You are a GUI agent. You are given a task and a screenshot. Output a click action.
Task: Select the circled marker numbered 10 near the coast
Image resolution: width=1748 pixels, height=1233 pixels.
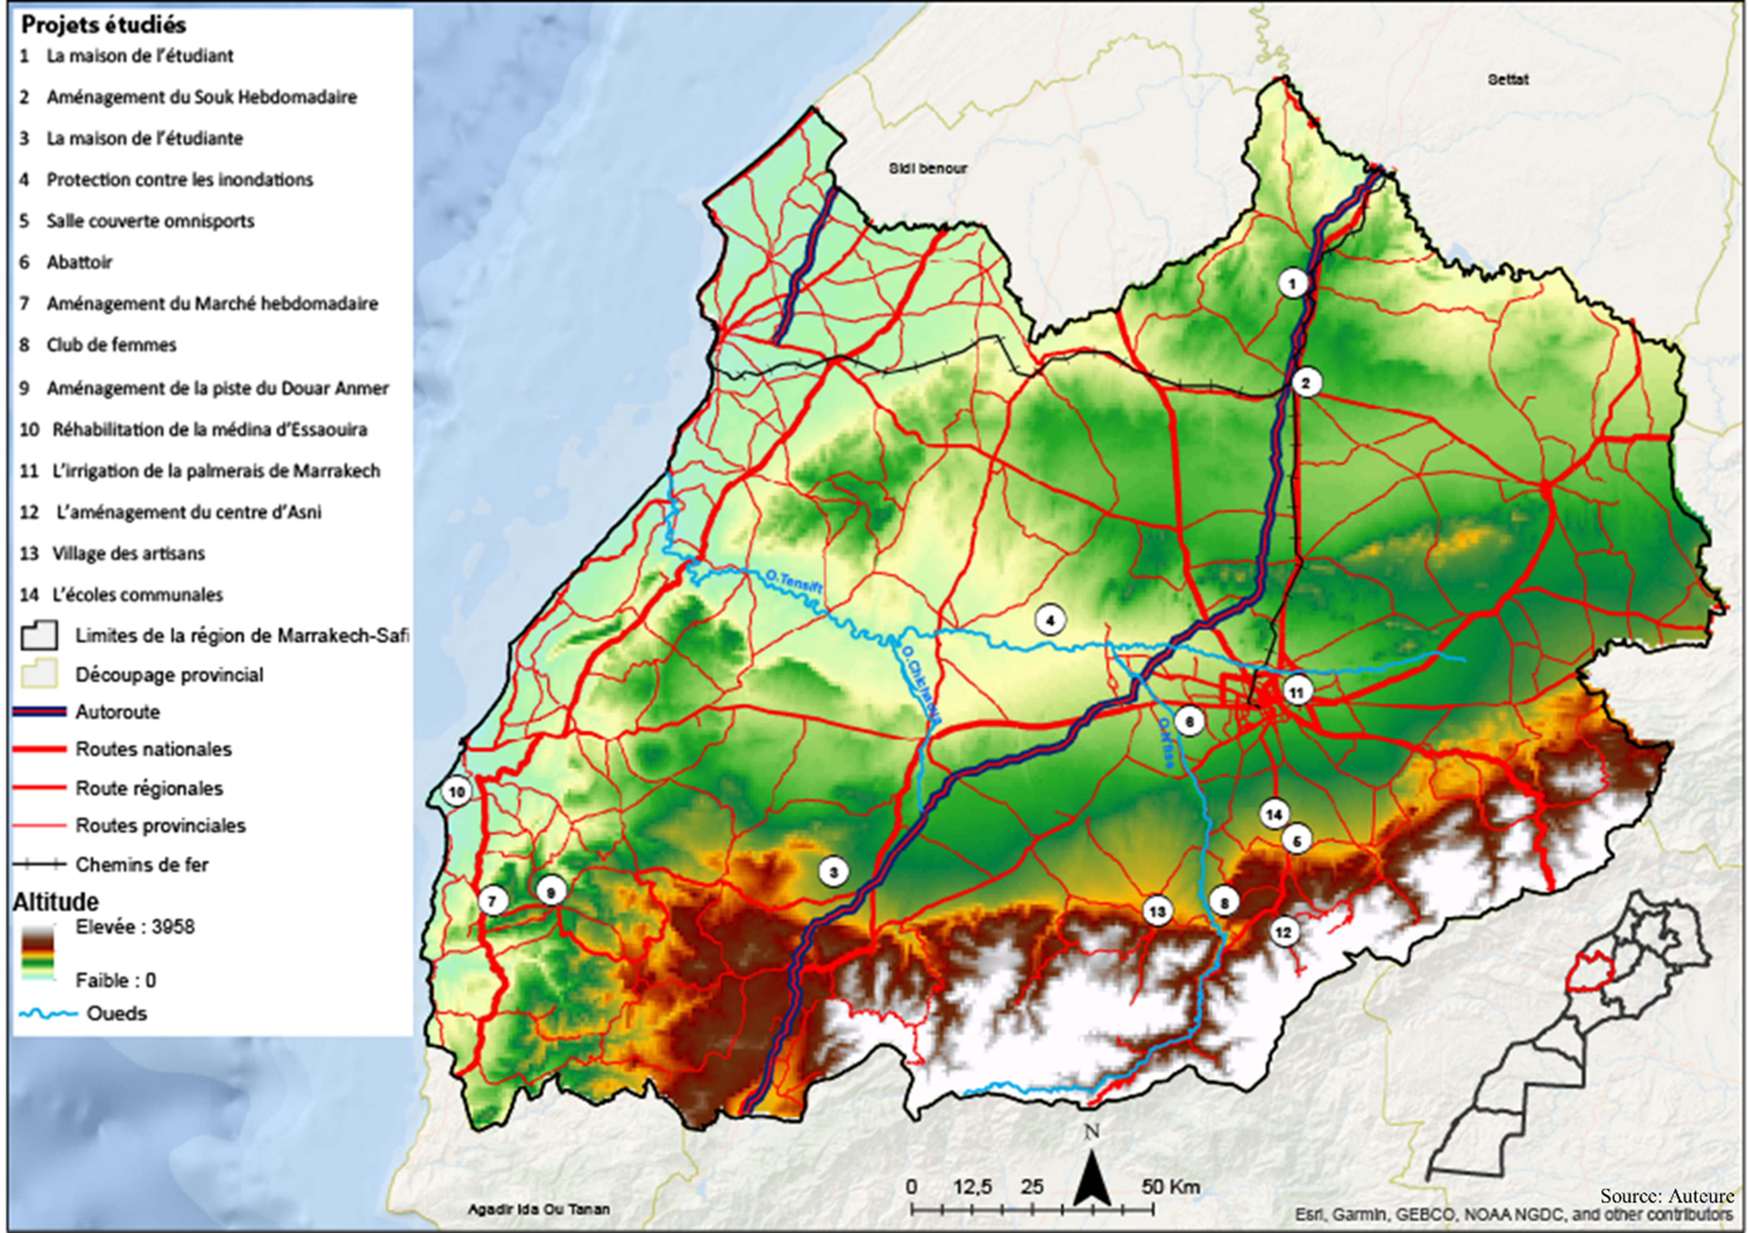pos(457,792)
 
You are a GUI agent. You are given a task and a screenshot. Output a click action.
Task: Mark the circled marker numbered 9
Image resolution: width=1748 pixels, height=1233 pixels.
pos(551,891)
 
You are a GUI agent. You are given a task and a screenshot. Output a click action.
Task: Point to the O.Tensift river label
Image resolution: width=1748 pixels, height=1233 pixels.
pos(794,583)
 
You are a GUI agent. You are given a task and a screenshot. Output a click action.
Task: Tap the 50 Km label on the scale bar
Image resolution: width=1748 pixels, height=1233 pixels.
pos(1170,1187)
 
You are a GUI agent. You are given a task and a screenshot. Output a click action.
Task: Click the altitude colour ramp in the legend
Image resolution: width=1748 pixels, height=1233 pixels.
pos(38,952)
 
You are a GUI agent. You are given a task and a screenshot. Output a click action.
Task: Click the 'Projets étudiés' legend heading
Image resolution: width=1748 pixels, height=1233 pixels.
pos(104,25)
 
